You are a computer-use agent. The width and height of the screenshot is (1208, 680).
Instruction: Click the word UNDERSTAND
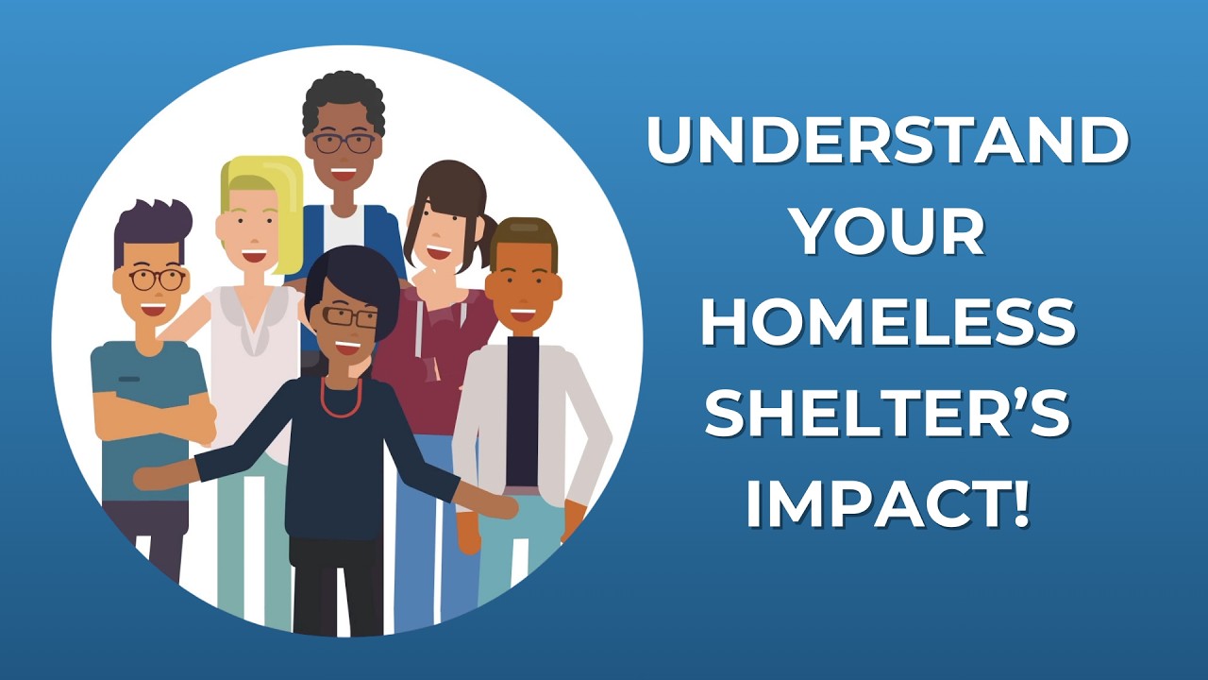(887, 142)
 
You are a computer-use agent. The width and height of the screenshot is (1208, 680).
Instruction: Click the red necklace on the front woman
(341, 398)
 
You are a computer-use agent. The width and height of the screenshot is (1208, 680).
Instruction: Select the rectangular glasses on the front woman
(349, 316)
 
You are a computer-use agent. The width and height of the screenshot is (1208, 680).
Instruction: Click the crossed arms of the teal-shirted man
(156, 416)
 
